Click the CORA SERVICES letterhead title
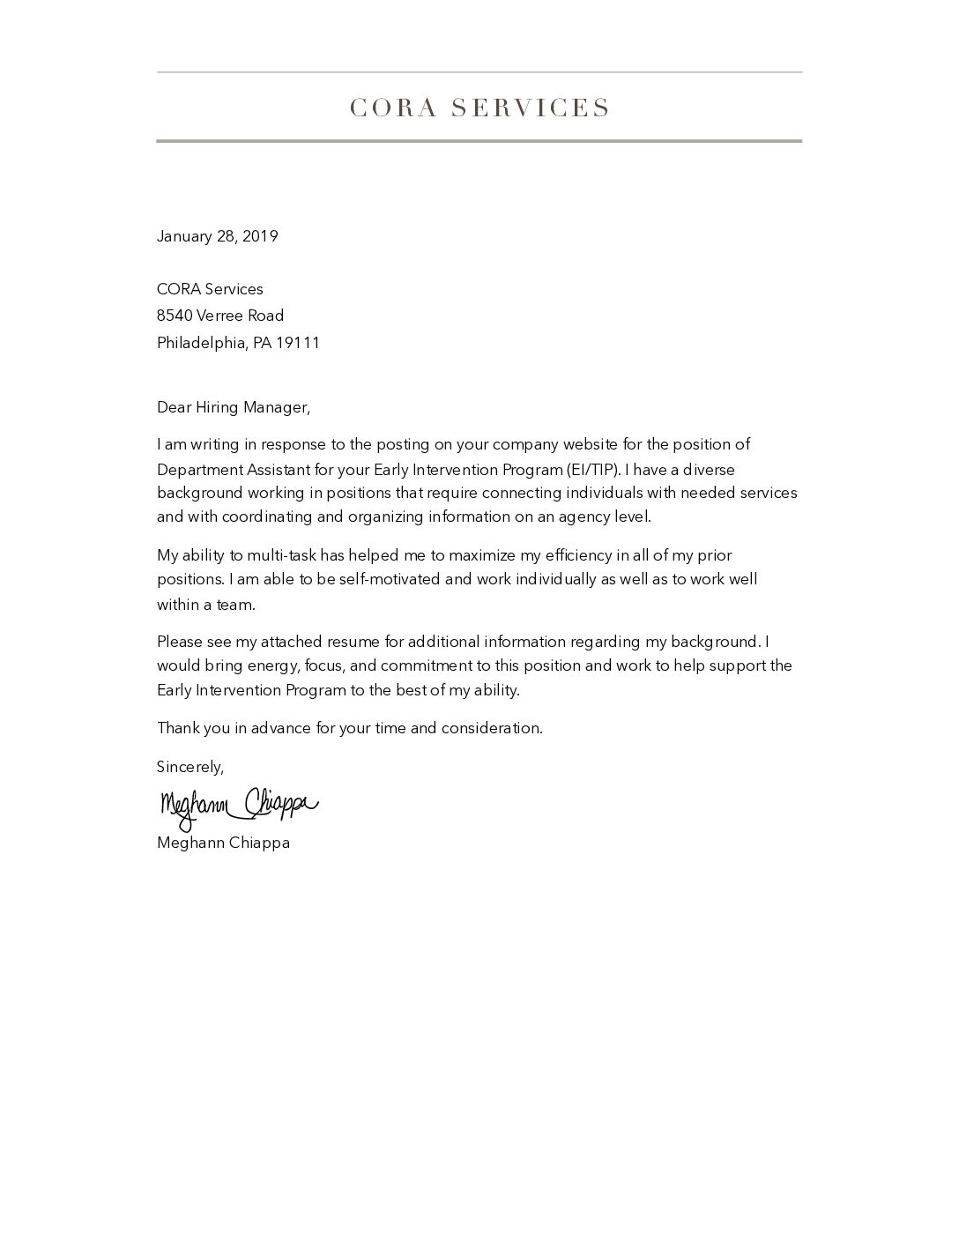pyautogui.click(x=479, y=108)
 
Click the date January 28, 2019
pyautogui.click(x=217, y=236)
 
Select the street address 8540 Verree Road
pyautogui.click(x=220, y=316)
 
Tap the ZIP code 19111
pyautogui.click(x=298, y=343)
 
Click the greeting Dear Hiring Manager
pyautogui.click(x=234, y=407)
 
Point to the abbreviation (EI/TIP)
pyautogui.click(x=595, y=469)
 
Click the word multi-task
pyautogui.click(x=283, y=555)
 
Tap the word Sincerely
pyautogui.click(x=190, y=767)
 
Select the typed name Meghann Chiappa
pyautogui.click(x=223, y=843)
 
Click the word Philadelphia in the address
pyautogui.click(x=202, y=343)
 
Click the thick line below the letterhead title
pyautogui.click(x=479, y=141)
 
